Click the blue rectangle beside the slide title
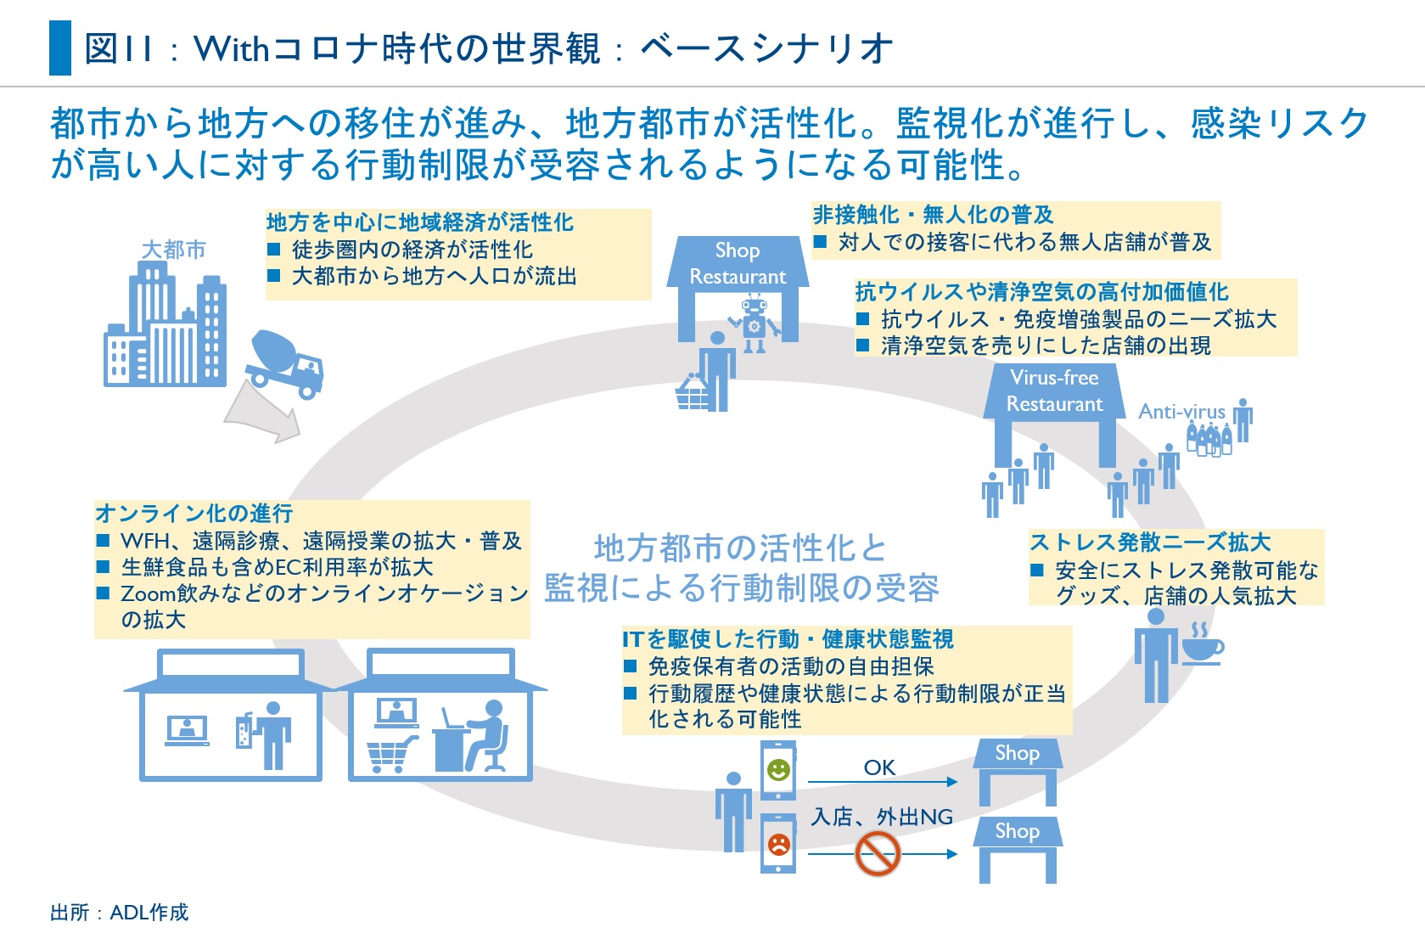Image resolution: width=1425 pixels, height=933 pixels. pos(60,48)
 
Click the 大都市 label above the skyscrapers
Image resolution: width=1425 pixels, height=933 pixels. pos(173,250)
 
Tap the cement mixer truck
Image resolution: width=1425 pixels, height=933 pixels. pos(285,363)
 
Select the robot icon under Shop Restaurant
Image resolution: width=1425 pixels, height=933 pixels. pos(753,322)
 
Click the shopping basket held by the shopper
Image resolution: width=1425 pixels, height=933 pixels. pos(692,393)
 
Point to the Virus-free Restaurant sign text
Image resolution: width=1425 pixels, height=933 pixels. pos(1054,391)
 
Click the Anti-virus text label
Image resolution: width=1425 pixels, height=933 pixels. pos(1181,412)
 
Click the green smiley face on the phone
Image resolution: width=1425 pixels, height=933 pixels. pos(778,770)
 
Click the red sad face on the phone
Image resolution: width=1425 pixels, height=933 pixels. pos(778,844)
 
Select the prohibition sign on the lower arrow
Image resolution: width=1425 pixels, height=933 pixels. pos(877,853)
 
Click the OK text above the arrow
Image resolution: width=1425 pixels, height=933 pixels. pos(879,767)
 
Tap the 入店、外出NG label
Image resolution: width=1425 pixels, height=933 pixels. pos(882,817)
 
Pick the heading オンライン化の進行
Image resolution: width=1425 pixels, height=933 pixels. pos(194,514)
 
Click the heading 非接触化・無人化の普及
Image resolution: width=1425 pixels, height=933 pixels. pos(933,215)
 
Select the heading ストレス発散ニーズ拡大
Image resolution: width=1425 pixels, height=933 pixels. pos(1150,542)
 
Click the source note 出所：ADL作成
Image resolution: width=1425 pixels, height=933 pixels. pos(119,913)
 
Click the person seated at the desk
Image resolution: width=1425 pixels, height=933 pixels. pos(485,735)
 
